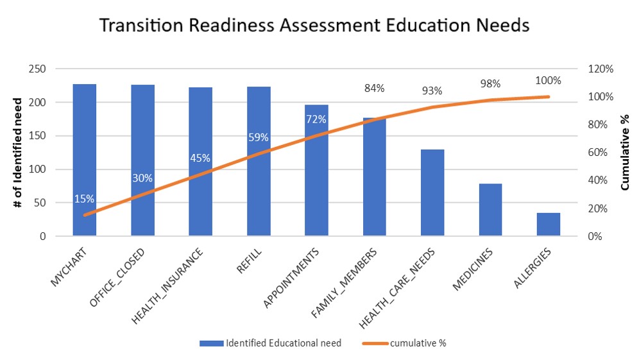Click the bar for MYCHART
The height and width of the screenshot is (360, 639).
coord(85,160)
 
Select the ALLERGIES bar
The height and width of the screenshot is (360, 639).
coord(549,225)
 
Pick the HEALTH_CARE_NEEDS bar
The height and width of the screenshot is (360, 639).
coord(432,193)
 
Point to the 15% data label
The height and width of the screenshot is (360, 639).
coord(85,199)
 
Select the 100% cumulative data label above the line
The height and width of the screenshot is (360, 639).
coord(549,81)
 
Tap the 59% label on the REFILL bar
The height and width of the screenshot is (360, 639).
coord(259,137)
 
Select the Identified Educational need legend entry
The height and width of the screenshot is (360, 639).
coord(270,343)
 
